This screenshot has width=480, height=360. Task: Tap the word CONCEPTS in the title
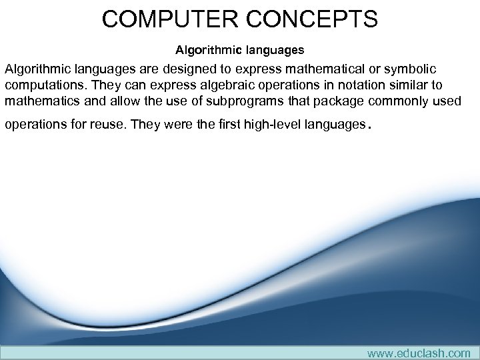(312, 19)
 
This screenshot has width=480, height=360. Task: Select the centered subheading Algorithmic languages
(239, 50)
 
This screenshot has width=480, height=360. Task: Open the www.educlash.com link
(419, 353)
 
